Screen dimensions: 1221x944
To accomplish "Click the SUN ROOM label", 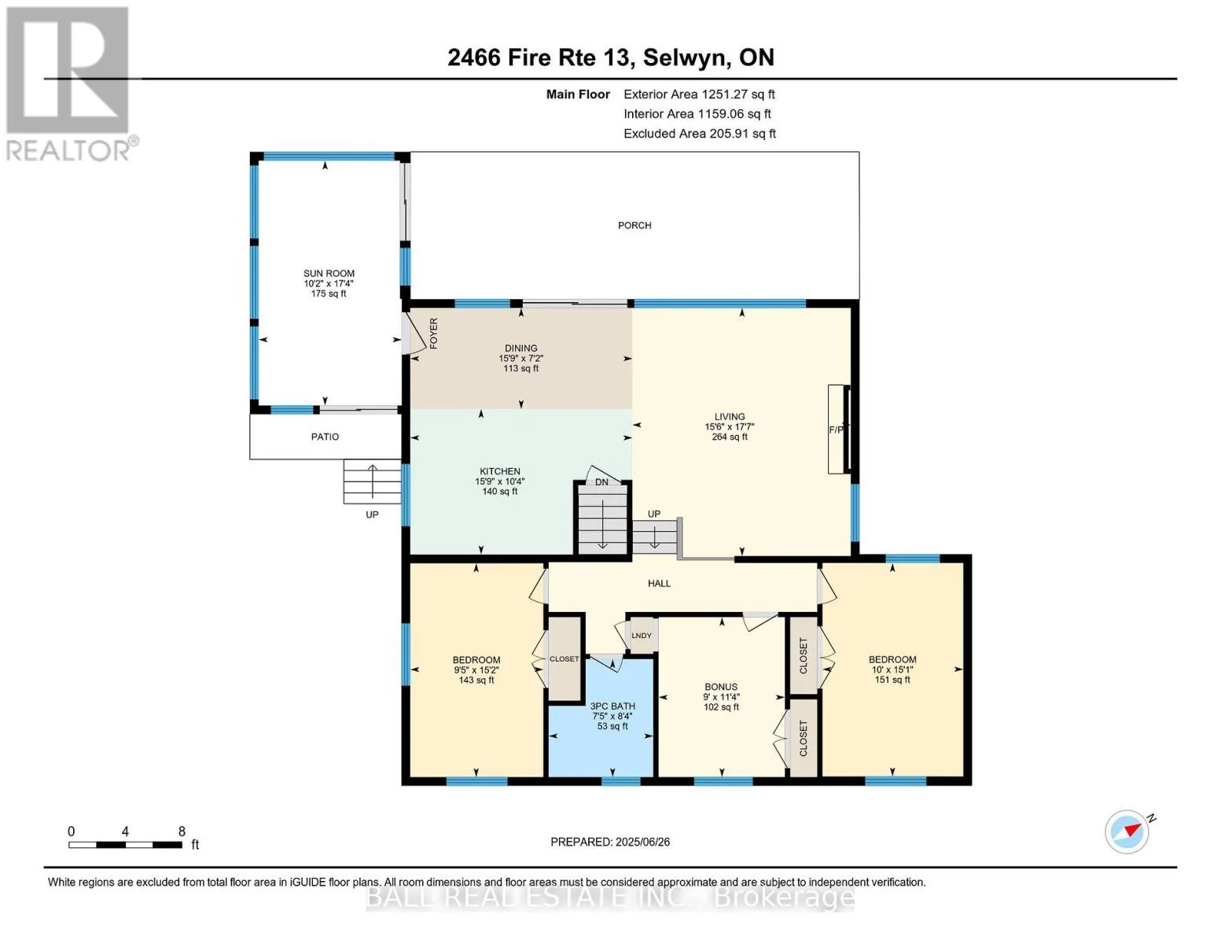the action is click(x=329, y=273).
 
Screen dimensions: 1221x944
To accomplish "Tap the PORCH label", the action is click(x=634, y=226).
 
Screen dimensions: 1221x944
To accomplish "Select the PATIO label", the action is click(x=325, y=437).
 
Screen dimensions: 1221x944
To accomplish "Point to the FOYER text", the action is click(x=433, y=334).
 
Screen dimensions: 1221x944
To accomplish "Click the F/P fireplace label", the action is click(x=836, y=430).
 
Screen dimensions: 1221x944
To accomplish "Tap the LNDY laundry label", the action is click(x=641, y=636).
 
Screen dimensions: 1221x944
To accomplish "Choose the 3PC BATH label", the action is click(x=612, y=706).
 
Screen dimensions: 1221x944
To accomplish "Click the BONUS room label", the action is click(x=721, y=687).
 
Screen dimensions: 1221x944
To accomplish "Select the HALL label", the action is click(x=659, y=584).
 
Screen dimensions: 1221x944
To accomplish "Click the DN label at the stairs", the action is click(x=601, y=482).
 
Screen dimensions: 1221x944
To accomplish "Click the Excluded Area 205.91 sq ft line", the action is click(x=700, y=133).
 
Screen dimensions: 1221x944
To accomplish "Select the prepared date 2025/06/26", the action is click(x=642, y=842).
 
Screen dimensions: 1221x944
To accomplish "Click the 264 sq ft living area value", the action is click(x=730, y=437).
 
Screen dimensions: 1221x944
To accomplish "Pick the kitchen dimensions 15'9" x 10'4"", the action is click(x=499, y=481).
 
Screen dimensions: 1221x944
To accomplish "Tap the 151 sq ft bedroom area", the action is click(x=892, y=680).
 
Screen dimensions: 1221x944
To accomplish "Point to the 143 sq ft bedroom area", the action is click(x=476, y=680).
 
